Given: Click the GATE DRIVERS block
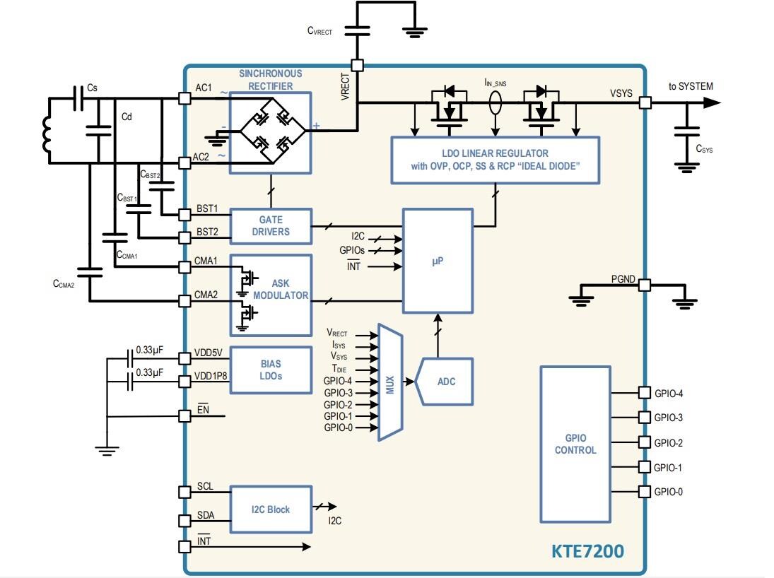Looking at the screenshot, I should tap(270, 226).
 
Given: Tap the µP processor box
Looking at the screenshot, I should tap(438, 261).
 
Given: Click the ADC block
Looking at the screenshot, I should tap(446, 382).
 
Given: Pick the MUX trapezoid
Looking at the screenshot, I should tap(390, 382).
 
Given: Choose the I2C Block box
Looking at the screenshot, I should tap(270, 509).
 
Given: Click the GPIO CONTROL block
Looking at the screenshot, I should tap(575, 444).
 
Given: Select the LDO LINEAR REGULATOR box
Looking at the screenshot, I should tap(495, 160).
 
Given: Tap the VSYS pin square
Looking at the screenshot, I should tap(645, 103).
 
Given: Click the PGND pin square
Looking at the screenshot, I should tap(644, 285).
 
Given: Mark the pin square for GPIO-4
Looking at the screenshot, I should tap(644, 392).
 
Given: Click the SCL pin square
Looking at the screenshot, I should tap(184, 494).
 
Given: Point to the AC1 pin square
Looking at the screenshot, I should tap(184, 99).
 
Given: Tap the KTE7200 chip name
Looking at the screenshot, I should tap(587, 551).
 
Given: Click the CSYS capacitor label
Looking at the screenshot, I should tap(704, 149).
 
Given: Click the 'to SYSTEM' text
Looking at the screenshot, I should tap(691, 86).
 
